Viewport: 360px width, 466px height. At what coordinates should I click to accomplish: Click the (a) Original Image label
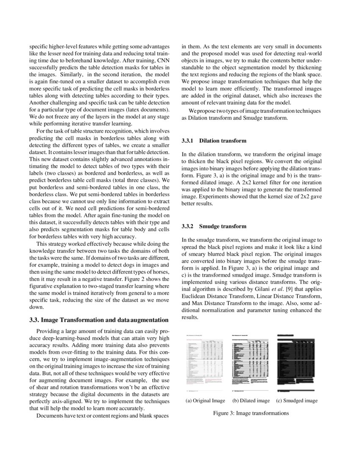coord(205,400)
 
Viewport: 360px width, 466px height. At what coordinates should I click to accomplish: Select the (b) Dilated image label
coord(251,400)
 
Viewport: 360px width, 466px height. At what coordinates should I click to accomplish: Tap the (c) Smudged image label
coord(296,400)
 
